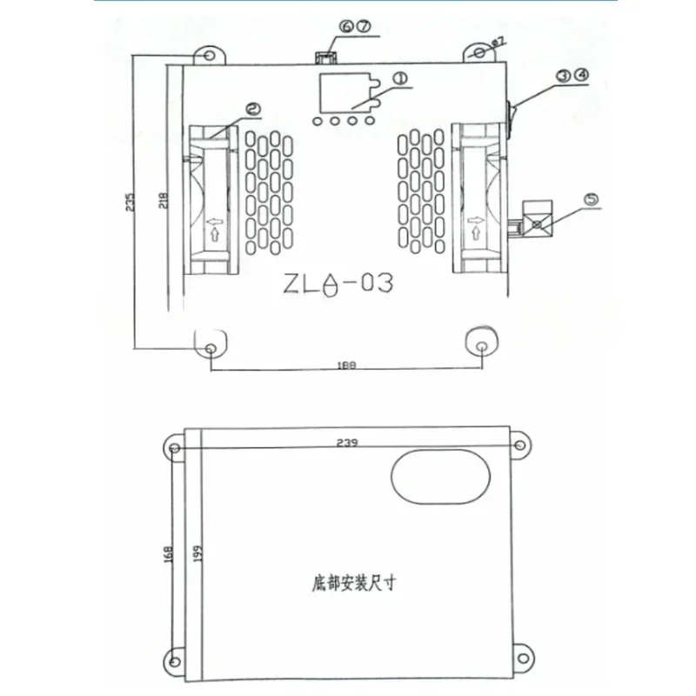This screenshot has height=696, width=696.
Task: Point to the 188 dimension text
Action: [347, 367]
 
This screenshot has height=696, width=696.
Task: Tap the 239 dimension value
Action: [347, 443]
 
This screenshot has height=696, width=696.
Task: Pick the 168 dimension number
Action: [168, 553]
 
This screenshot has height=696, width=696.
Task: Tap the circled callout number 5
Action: [592, 199]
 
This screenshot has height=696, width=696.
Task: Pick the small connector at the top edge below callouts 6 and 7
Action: [324, 57]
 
